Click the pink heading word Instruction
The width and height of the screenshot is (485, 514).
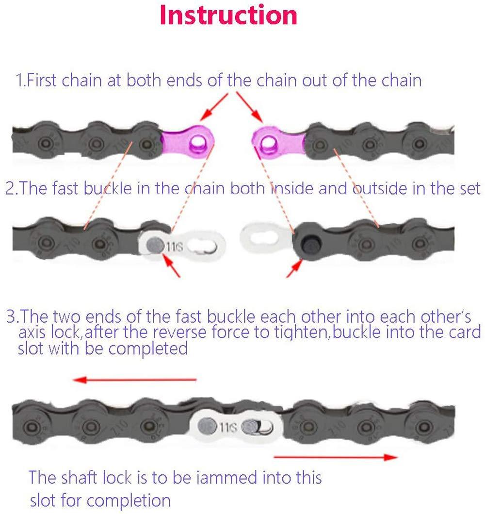(x=228, y=15)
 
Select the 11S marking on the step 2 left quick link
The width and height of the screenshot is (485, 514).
(x=174, y=246)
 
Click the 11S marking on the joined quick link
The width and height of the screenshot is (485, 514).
(x=228, y=427)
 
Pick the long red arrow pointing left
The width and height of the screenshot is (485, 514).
(x=135, y=380)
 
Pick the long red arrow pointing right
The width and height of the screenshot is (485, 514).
(x=335, y=457)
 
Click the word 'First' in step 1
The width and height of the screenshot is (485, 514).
(x=41, y=80)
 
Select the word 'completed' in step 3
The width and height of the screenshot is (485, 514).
(x=148, y=348)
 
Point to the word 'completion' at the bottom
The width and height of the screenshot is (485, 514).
(x=129, y=500)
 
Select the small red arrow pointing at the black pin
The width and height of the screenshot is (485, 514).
(x=294, y=268)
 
